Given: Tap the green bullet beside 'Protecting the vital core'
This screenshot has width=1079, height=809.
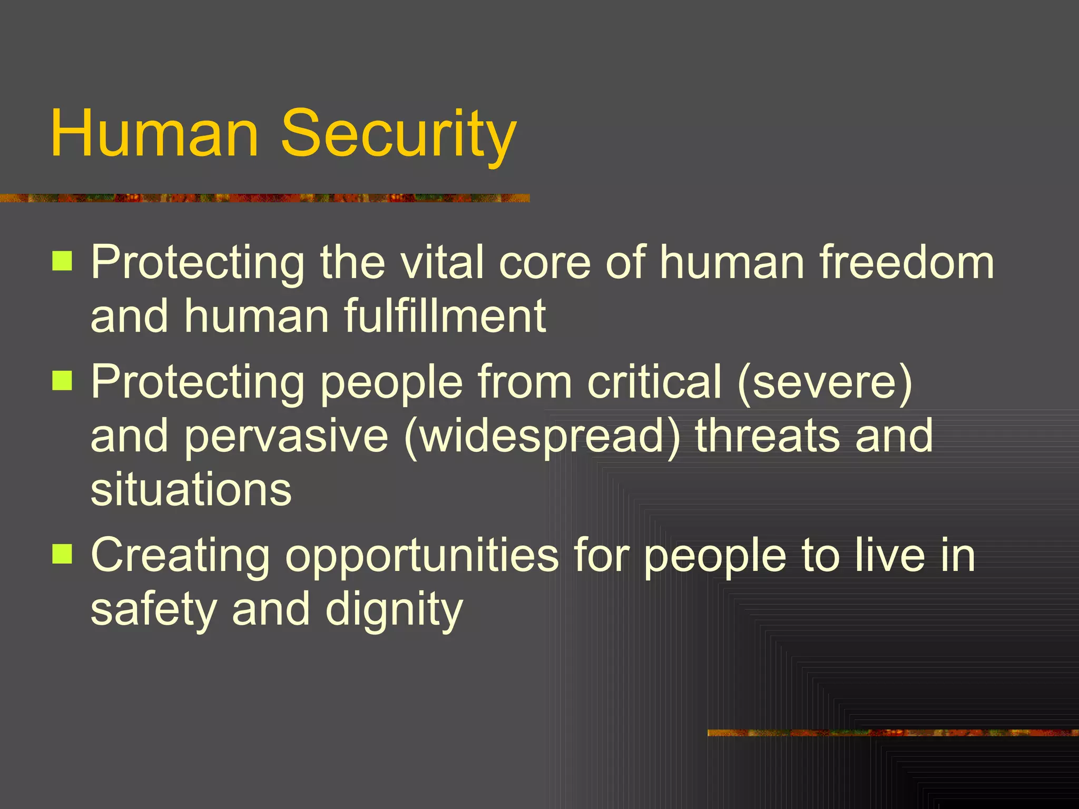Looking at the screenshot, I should click(x=62, y=260).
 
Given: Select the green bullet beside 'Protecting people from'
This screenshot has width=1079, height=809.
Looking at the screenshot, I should click(x=62, y=380).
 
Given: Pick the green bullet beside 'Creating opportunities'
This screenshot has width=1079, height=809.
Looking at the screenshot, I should click(x=62, y=554).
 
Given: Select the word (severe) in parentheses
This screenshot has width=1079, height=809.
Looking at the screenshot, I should click(x=825, y=382).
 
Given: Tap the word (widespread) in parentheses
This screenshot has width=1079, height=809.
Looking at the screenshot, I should click(x=543, y=436).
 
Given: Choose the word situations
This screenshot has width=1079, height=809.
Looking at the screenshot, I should click(x=191, y=490).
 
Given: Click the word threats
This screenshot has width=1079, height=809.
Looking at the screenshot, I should click(x=767, y=436).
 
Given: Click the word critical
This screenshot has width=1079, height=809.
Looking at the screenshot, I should click(x=654, y=382).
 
